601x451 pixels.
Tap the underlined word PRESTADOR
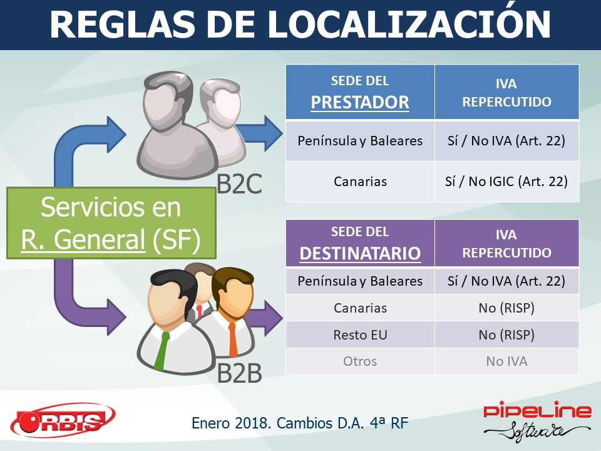point(360,102)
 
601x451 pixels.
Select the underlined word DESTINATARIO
point(361,253)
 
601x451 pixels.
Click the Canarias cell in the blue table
point(361,182)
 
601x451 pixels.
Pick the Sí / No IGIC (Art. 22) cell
point(506,182)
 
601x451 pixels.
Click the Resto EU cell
point(361,334)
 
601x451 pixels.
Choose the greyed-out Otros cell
point(361,361)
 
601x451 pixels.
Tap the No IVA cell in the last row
point(506,361)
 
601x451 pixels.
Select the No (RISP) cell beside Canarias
point(506,308)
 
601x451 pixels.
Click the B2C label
point(240,184)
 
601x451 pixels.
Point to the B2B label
point(240,373)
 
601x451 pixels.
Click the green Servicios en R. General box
point(111,223)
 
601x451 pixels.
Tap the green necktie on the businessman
point(162,350)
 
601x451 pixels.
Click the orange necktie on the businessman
point(233,339)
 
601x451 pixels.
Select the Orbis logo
point(63,421)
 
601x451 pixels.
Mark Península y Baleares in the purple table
point(361,281)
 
